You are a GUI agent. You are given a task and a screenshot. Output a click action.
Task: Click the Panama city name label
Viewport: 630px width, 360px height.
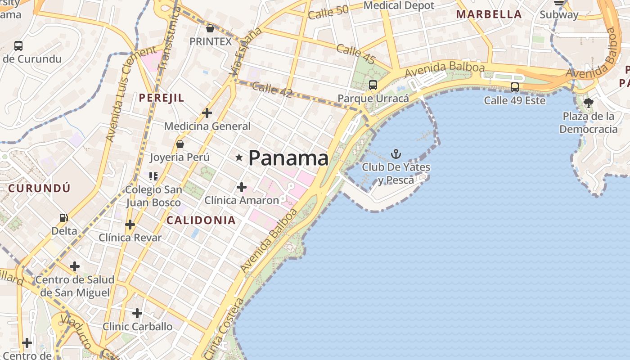pos(288,158)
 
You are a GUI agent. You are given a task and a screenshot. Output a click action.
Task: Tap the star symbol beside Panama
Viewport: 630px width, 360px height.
pos(239,157)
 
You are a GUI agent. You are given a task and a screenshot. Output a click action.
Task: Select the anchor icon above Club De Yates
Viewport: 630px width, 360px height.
pos(396,154)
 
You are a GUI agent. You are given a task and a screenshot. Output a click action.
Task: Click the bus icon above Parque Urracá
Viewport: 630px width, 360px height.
pos(373,85)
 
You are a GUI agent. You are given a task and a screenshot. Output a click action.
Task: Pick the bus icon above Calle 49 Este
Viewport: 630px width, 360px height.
pos(515,87)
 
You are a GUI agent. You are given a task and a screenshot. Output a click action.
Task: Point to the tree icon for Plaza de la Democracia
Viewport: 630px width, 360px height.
pos(588,103)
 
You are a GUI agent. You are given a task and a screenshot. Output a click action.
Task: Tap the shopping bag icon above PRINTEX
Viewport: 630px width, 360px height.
pos(210,29)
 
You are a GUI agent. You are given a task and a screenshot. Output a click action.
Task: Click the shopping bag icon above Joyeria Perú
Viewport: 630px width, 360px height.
pos(180,144)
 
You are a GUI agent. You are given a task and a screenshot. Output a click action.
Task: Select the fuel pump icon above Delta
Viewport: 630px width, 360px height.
pos(64,218)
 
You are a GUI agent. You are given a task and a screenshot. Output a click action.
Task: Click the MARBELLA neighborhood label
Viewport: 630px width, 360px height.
pos(489,14)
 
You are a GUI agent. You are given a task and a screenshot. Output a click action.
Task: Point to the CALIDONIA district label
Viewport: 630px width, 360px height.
pos(201,220)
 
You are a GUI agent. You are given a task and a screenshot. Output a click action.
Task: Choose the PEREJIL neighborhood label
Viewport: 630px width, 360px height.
pos(162,98)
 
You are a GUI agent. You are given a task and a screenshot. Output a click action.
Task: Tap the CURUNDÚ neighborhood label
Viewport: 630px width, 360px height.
pos(40,188)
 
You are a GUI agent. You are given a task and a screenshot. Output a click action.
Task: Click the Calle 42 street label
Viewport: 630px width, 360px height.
pos(272,90)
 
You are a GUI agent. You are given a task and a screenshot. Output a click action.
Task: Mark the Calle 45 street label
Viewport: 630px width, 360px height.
pos(356,54)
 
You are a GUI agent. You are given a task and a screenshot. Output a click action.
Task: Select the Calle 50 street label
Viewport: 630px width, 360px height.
pos(328,13)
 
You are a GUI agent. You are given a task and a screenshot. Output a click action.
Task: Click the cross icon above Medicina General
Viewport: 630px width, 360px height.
pos(207,113)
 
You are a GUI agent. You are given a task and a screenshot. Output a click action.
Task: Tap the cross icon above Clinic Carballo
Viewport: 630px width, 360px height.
pos(137,313)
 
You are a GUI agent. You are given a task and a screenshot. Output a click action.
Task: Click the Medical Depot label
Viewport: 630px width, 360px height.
pos(399,5)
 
